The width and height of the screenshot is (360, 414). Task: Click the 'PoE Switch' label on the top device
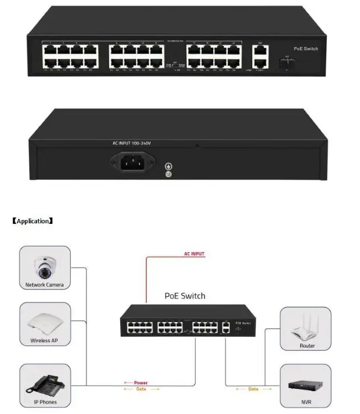pyautogui.click(x=306, y=49)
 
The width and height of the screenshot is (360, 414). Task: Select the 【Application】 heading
pyautogui.click(x=33, y=221)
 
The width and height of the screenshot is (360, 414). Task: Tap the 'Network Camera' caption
pyautogui.click(x=45, y=285)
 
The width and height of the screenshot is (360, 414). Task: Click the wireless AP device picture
pyautogui.click(x=44, y=324)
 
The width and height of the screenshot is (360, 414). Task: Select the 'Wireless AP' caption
pyautogui.click(x=44, y=341)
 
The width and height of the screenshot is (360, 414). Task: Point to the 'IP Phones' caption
pyautogui.click(x=45, y=402)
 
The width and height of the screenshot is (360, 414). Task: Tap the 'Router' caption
pyautogui.click(x=307, y=346)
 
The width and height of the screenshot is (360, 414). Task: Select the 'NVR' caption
pyautogui.click(x=306, y=402)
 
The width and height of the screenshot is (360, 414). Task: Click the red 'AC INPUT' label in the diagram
pyautogui.click(x=194, y=254)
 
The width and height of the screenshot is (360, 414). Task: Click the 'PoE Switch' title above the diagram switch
pyautogui.click(x=185, y=296)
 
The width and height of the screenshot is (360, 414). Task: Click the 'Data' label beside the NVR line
pyautogui.click(x=253, y=389)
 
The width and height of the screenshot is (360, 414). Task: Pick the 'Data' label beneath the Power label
pyautogui.click(x=141, y=389)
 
